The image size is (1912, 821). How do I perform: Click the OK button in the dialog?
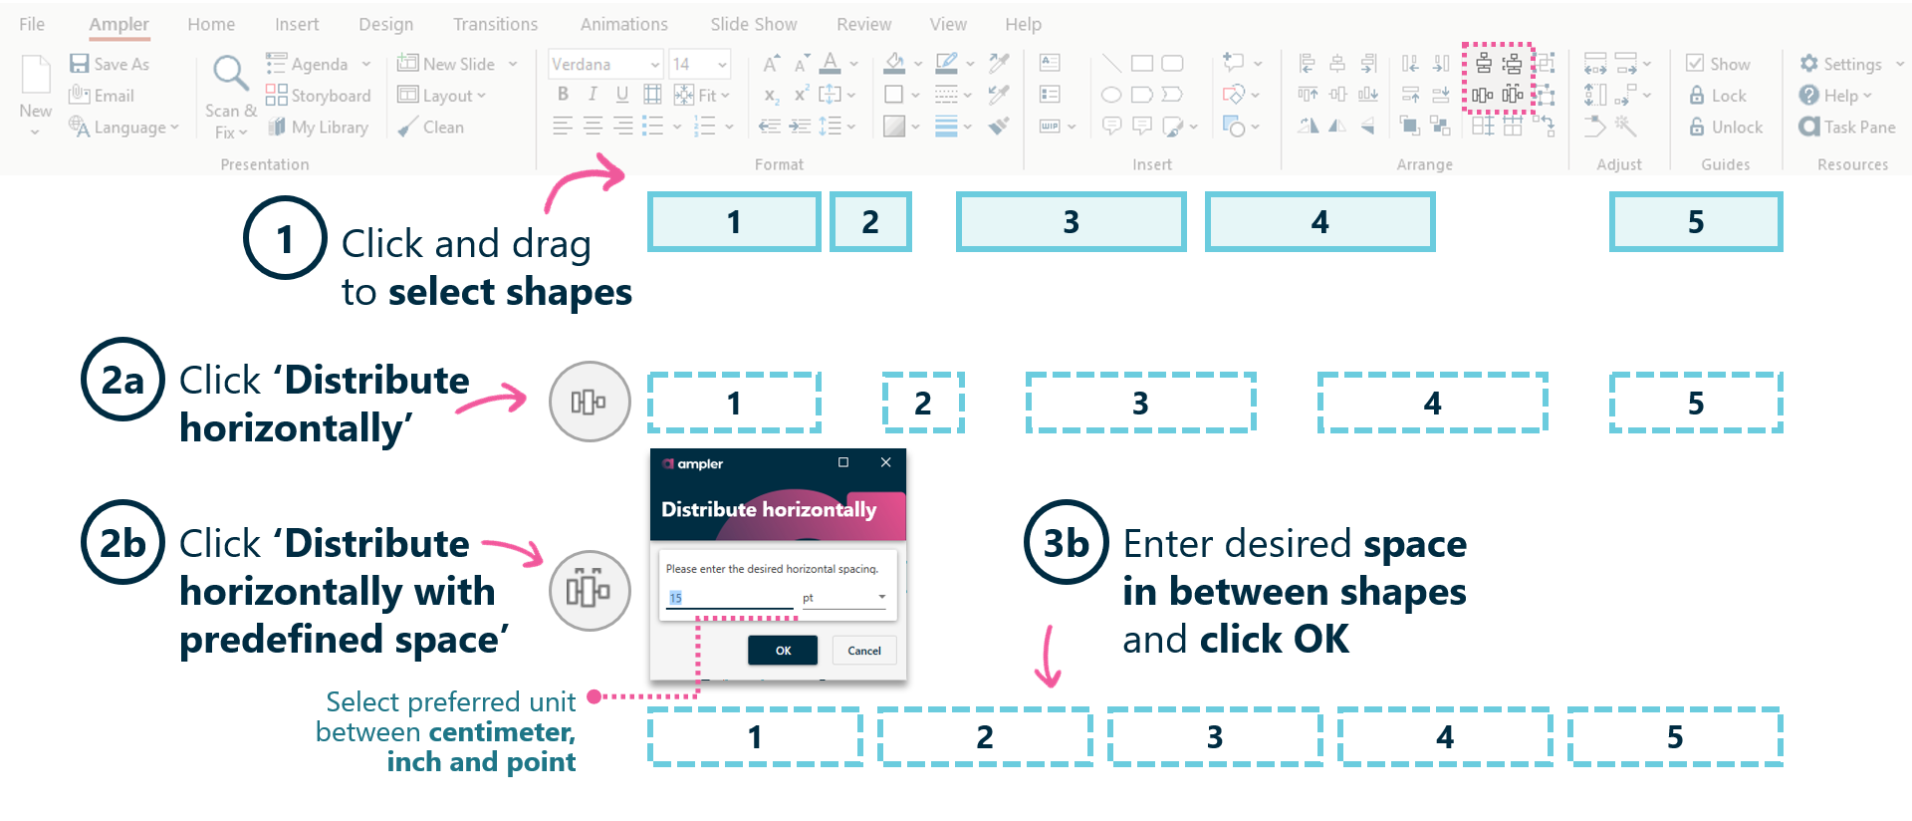click(x=783, y=651)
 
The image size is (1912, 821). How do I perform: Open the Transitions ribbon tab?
click(x=495, y=24)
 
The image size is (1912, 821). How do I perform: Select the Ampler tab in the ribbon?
click(x=119, y=24)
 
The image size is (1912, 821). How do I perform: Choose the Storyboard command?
click(x=319, y=96)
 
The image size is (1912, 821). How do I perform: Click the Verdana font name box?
click(x=597, y=64)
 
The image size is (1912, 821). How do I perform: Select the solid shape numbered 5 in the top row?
click(x=1696, y=222)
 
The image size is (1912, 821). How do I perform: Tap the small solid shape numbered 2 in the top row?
click(x=870, y=222)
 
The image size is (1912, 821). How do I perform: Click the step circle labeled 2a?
click(x=122, y=380)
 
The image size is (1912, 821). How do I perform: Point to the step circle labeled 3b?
click(x=1066, y=543)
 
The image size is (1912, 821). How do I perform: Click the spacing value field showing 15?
click(x=729, y=598)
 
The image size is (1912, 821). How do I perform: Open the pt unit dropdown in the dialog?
click(x=881, y=598)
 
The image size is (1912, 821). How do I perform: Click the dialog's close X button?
click(x=885, y=462)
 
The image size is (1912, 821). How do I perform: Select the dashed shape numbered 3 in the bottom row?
click(x=1215, y=737)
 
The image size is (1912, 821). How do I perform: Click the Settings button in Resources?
click(x=1841, y=64)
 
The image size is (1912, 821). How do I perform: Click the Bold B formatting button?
click(x=563, y=95)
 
